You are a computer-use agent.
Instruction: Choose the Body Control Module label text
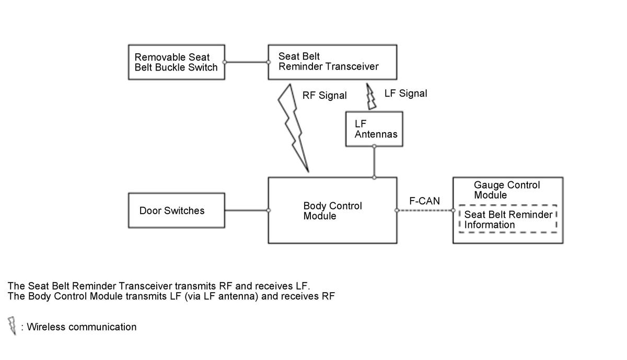point(332,211)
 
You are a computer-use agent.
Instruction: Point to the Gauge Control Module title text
point(507,190)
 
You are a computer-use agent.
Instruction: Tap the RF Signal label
point(324,96)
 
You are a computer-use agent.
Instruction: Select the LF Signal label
point(405,94)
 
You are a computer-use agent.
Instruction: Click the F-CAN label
point(424,201)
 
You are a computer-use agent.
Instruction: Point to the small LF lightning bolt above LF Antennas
point(371,97)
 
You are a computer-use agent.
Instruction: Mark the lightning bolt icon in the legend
point(12,326)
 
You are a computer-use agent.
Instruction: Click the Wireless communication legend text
point(82,327)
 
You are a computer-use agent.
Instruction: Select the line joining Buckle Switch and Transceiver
point(246,62)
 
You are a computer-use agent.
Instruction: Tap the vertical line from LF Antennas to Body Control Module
point(374,162)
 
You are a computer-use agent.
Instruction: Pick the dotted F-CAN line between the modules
point(425,210)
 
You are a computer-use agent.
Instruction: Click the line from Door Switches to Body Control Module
point(246,210)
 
